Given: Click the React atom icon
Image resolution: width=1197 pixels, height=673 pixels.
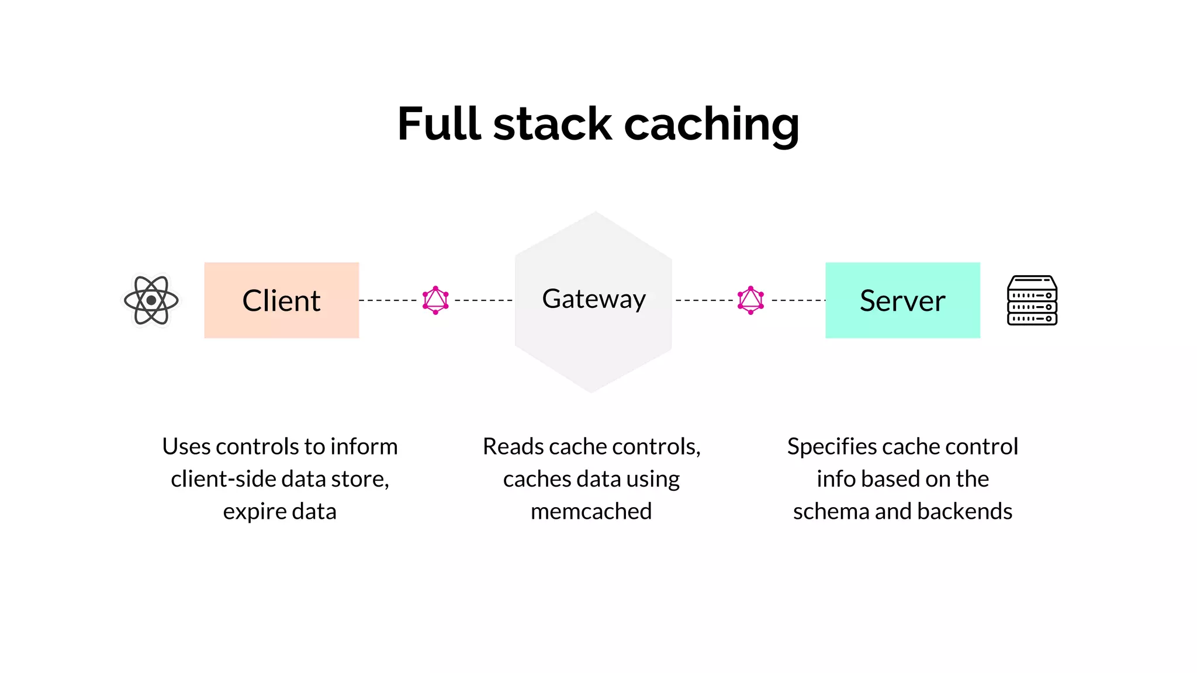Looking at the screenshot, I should coord(151,300).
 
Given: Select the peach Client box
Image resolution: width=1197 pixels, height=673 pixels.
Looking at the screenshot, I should coord(281,300).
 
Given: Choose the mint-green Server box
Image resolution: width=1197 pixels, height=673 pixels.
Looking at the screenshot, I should coord(902,300).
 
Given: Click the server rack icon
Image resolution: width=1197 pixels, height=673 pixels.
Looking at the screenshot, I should coord(1032,300).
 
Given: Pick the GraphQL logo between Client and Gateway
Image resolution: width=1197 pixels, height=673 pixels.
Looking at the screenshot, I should coord(435,300).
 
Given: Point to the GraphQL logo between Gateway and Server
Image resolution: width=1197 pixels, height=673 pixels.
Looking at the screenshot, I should coord(750,300).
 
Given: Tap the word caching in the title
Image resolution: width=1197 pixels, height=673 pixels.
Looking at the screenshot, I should coord(711,125).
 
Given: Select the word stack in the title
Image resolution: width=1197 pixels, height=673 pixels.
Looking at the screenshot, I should coord(552,124).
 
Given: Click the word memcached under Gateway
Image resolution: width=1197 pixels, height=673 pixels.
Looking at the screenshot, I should coord(591,511).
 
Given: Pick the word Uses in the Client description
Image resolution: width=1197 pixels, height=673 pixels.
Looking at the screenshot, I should coord(185,446).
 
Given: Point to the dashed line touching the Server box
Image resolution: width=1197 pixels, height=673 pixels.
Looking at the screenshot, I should coord(798,300).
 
